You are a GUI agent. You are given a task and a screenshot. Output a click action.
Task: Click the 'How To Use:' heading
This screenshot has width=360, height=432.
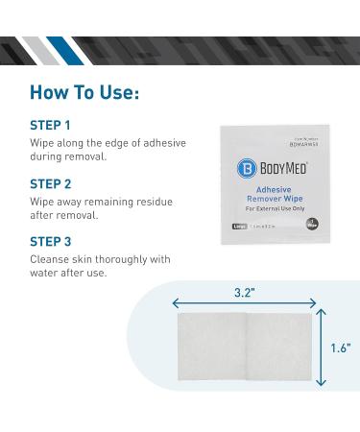coord(85,93)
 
